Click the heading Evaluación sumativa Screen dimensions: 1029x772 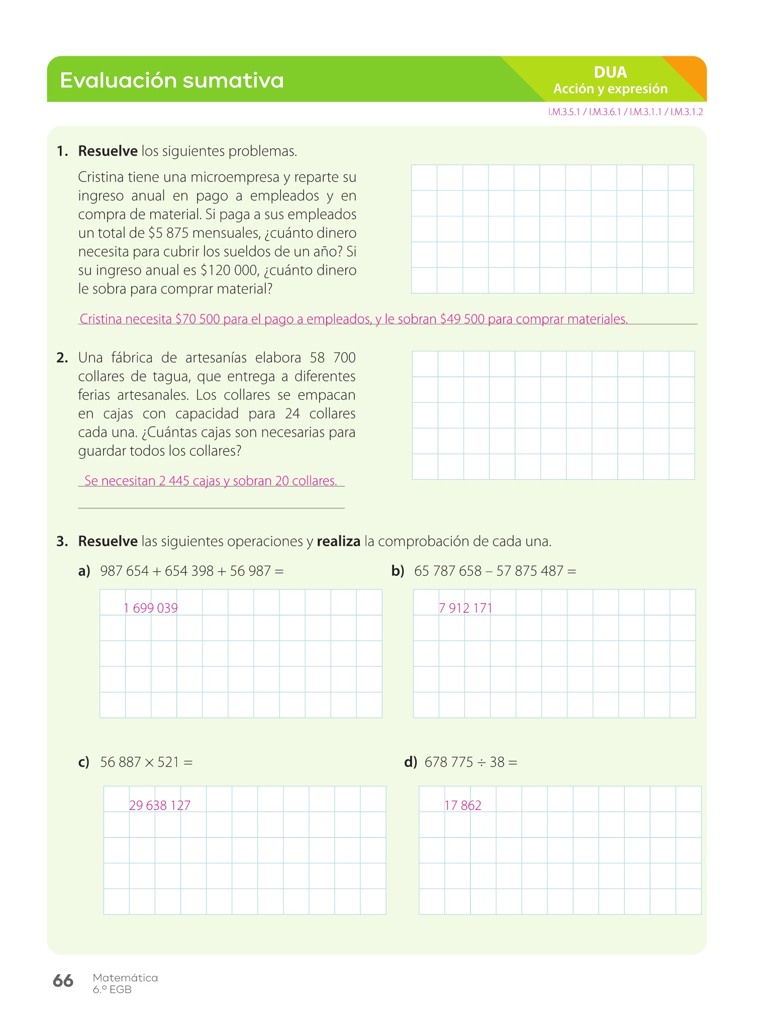coord(171,80)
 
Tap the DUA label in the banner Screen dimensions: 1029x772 coord(610,72)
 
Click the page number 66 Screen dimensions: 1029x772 coord(63,981)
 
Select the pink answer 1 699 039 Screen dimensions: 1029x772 coord(151,608)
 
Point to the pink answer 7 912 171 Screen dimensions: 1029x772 coord(465,608)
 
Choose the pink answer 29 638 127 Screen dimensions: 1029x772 coord(160,805)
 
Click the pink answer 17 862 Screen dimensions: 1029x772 coord(463,805)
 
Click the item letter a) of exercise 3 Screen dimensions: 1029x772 coord(84,571)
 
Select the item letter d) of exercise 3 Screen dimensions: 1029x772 coord(411,762)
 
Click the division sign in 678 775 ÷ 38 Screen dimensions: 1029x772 coord(481,763)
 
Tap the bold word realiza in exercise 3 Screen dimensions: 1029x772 coord(338,542)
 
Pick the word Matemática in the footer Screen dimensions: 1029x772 coord(125,978)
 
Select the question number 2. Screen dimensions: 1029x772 coord(62,358)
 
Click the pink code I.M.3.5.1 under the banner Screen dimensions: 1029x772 coord(564,112)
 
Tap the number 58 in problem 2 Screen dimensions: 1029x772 coord(318,358)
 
